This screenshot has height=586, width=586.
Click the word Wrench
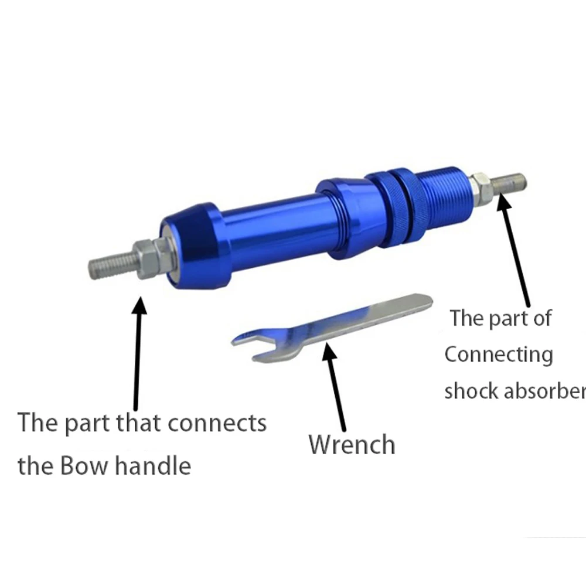tap(352, 444)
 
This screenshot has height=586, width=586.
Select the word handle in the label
tap(153, 465)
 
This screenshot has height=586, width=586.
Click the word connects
tap(217, 423)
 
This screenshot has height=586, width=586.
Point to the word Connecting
tap(499, 355)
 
